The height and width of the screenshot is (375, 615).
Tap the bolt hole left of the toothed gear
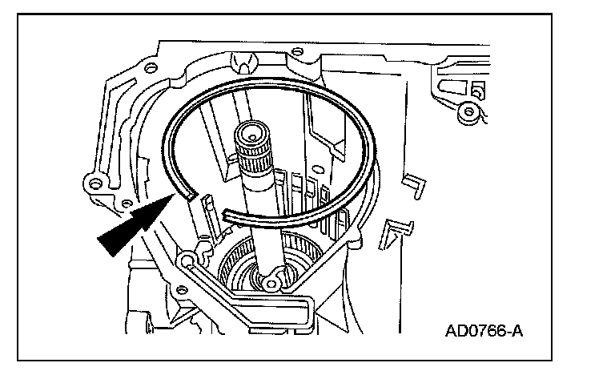tap(190, 259)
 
